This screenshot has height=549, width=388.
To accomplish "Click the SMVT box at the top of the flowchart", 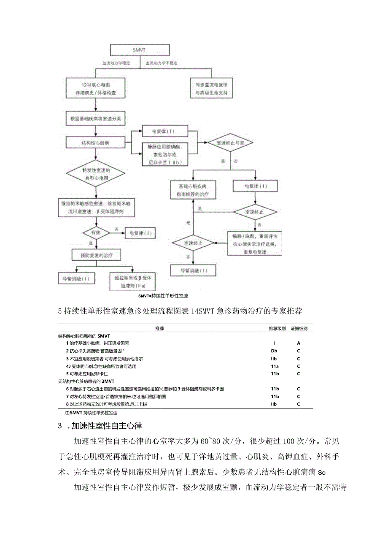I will coord(139,50).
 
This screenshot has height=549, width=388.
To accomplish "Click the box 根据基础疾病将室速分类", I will coord(96,118).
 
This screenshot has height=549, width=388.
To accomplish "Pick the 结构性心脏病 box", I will coord(96,143).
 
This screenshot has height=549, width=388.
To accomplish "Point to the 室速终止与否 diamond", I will coord(230,143).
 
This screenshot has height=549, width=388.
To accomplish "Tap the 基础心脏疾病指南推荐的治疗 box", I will coord(193,190).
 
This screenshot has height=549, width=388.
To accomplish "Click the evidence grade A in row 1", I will coord(298,343).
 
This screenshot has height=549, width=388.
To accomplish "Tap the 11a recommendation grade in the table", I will coord(275,366).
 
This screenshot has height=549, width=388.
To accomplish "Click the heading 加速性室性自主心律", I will coord(108,426).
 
